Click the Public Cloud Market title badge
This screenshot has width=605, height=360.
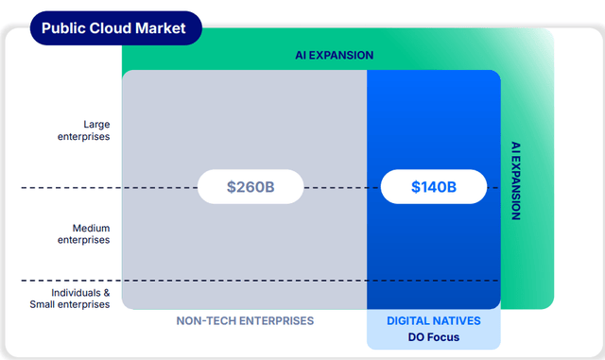pos(115,28)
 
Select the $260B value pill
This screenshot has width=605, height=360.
pos(251,187)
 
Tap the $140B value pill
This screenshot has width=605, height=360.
pos(434,187)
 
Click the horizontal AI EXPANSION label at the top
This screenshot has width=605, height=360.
pos(334,55)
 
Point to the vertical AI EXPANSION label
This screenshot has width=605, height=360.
pos(516,180)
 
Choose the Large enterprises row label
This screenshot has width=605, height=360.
pos(84,130)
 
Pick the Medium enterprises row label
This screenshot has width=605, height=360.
pos(84,233)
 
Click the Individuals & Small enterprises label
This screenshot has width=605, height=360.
pos(70,299)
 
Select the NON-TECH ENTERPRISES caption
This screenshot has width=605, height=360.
pos(245,320)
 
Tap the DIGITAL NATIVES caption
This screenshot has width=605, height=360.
pos(434,320)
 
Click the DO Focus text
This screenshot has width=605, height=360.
pos(434,337)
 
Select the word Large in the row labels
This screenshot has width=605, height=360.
pos(96,125)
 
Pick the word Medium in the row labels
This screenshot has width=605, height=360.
pos(91,228)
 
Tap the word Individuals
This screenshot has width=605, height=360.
pos(76,293)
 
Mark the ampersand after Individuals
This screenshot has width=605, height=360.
pos(107,293)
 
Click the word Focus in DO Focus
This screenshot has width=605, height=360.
pos(443,337)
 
